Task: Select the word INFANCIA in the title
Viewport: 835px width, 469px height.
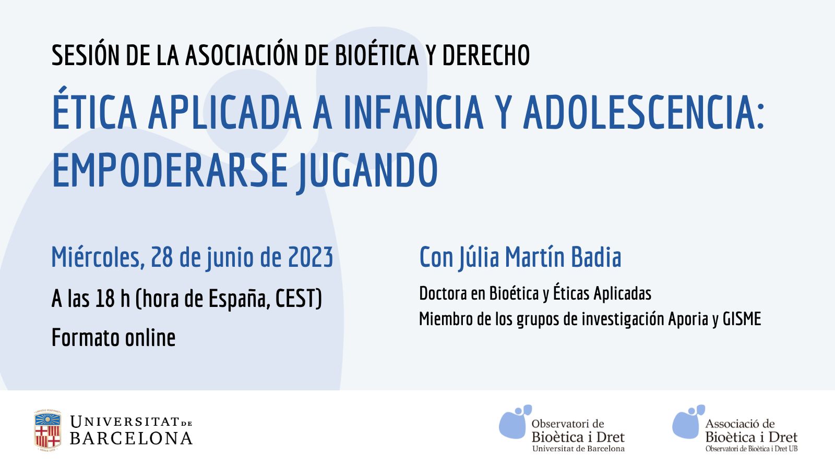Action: pos(413,112)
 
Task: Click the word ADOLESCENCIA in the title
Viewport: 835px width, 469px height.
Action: pos(644,112)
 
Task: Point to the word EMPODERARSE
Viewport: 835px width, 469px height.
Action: pos(170,169)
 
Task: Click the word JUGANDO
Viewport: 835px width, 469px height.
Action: pos(367,172)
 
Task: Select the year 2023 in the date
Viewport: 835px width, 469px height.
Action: pos(310,257)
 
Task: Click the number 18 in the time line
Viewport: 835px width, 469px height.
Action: pos(105,299)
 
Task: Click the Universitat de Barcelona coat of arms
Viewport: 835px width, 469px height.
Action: pos(47,430)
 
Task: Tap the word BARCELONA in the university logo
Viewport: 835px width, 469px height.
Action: pos(131,438)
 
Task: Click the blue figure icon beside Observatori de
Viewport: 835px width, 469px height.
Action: pos(515,422)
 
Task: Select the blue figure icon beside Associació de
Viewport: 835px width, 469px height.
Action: pos(688,422)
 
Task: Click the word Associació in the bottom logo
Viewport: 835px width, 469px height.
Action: pos(733,424)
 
